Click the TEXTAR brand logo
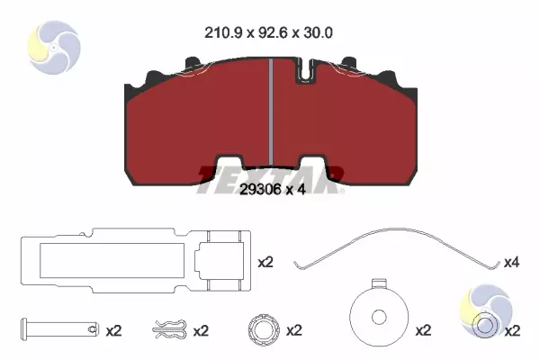click(270, 176)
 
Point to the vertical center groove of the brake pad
click(272, 108)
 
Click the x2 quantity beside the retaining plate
click(265, 263)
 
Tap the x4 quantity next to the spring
click(512, 263)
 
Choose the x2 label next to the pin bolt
click(113, 330)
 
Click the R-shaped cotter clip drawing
click(169, 329)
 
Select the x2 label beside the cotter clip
click(201, 330)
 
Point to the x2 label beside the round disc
click(424, 330)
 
